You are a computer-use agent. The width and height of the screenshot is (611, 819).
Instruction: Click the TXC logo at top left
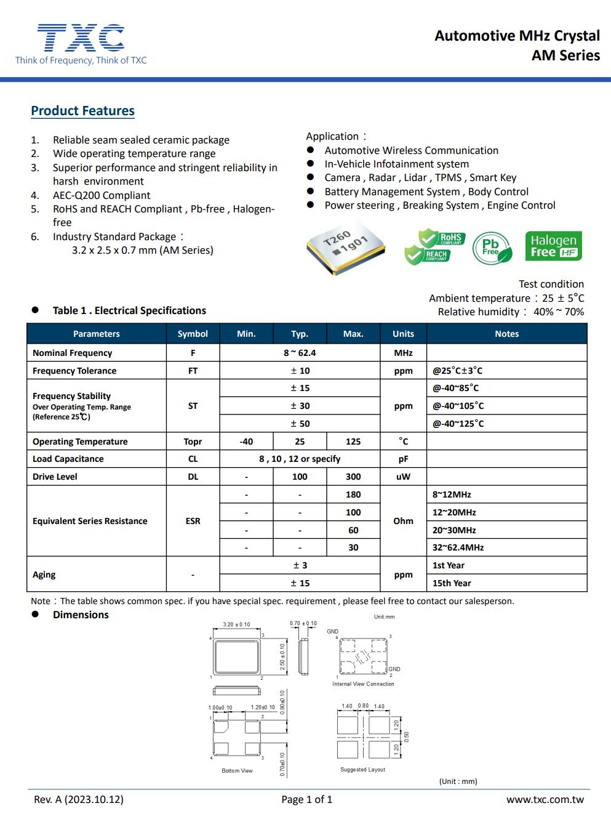tap(81, 39)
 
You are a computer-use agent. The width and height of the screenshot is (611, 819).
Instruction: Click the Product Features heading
tap(82, 111)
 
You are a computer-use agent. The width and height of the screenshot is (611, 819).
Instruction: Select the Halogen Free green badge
tap(553, 246)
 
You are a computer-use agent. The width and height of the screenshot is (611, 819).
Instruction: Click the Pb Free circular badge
tap(492, 247)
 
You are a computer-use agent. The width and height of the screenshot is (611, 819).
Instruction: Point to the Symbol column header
tap(193, 334)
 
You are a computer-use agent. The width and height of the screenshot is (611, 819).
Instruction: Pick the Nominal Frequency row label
tap(73, 353)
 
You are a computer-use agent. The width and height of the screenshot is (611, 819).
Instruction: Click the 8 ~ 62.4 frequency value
tap(300, 353)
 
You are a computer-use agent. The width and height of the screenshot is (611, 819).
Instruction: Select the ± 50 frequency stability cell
tap(300, 424)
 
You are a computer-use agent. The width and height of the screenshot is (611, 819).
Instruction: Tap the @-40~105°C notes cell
tap(458, 406)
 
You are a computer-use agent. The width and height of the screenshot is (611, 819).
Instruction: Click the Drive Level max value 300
tap(353, 477)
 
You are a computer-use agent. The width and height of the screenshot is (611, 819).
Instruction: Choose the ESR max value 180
tap(353, 494)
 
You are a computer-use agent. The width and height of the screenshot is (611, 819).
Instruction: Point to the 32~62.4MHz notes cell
tap(458, 547)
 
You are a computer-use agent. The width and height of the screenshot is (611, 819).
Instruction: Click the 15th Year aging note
tap(452, 583)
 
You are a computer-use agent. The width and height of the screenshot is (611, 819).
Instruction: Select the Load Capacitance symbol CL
tap(193, 459)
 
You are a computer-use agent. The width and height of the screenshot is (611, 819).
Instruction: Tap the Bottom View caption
tap(237, 770)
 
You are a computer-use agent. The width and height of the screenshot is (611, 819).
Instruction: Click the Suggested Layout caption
tap(362, 769)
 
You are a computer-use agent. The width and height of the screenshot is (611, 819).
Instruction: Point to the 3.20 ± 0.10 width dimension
tap(236, 624)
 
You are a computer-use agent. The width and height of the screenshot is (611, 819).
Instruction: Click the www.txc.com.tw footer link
tap(545, 799)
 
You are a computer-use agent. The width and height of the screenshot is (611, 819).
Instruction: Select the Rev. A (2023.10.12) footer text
tap(79, 799)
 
